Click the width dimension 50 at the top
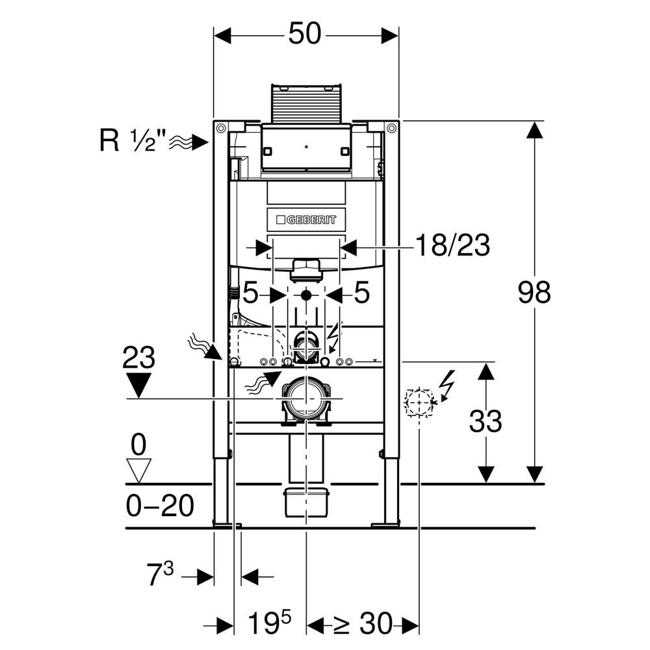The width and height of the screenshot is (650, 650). pyautogui.click(x=305, y=34)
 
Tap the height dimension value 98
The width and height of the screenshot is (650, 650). pyautogui.click(x=534, y=292)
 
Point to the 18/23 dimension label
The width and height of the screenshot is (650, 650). pyautogui.click(x=452, y=246)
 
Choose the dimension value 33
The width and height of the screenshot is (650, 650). pyautogui.click(x=486, y=422)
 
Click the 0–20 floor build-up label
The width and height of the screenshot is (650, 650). pyautogui.click(x=160, y=506)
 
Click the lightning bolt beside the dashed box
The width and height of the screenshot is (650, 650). pyautogui.click(x=447, y=384)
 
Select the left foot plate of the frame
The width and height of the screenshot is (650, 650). pyautogui.click(x=227, y=523)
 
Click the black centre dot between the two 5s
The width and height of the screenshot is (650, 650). pyautogui.click(x=305, y=294)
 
